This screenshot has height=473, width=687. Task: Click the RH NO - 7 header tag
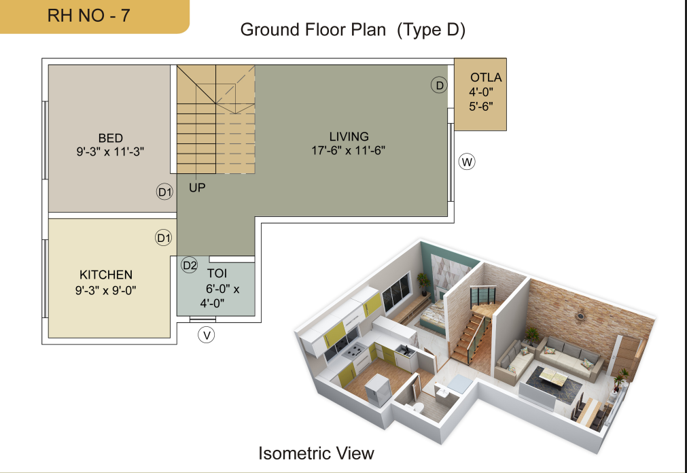(x=94, y=16)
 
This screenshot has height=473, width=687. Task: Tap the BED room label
(x=110, y=138)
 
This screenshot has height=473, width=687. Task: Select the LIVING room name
(x=349, y=137)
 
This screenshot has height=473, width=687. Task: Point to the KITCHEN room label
(x=106, y=275)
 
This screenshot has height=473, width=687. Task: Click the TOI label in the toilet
(x=217, y=274)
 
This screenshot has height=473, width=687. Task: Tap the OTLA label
(x=486, y=77)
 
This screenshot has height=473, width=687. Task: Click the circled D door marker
(x=439, y=85)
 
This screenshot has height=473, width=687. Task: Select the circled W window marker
(x=467, y=162)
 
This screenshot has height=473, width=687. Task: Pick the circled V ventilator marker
(x=207, y=335)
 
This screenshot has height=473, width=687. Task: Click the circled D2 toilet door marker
(x=190, y=265)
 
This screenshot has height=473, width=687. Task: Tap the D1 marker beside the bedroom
(x=164, y=192)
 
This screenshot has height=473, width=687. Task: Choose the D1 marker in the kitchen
(x=163, y=238)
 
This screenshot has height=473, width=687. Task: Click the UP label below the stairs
(x=197, y=188)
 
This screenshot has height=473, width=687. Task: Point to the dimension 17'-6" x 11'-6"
(x=349, y=150)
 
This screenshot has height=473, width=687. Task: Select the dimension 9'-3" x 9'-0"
(x=105, y=290)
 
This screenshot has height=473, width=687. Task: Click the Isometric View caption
(x=316, y=453)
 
